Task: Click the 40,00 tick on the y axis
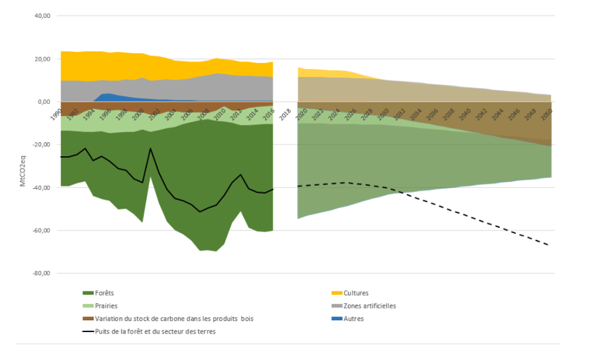42,16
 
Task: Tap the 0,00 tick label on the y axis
43,102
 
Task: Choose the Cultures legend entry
356,293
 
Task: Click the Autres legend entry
354,318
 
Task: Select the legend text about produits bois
174,318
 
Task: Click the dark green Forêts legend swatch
88,293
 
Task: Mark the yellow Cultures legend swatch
336,293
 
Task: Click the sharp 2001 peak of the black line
151,148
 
